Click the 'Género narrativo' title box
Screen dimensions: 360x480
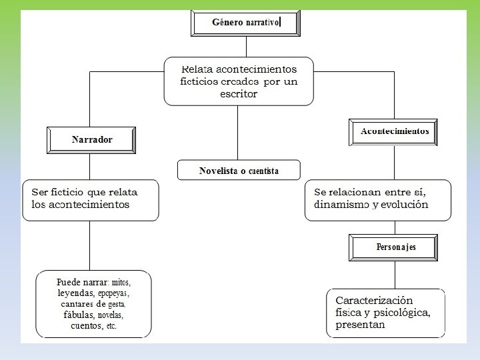[x=246, y=23]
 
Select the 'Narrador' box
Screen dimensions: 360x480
[x=91, y=140]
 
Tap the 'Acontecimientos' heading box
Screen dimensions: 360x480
[x=395, y=131]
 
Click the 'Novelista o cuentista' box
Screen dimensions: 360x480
[x=239, y=171]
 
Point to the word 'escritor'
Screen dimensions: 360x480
[x=238, y=94]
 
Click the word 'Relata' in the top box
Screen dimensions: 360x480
[x=197, y=69]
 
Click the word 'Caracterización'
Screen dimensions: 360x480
[x=374, y=301]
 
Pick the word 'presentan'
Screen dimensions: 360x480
[x=360, y=325]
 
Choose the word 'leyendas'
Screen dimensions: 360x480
[x=76, y=293]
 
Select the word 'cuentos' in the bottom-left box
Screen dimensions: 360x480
[x=85, y=326]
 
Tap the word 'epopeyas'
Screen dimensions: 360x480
[x=113, y=293]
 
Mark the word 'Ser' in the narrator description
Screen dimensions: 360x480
[x=40, y=192]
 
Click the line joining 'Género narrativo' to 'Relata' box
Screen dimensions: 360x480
[x=246, y=47]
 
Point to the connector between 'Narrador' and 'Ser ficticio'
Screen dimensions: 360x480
[x=91, y=166]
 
